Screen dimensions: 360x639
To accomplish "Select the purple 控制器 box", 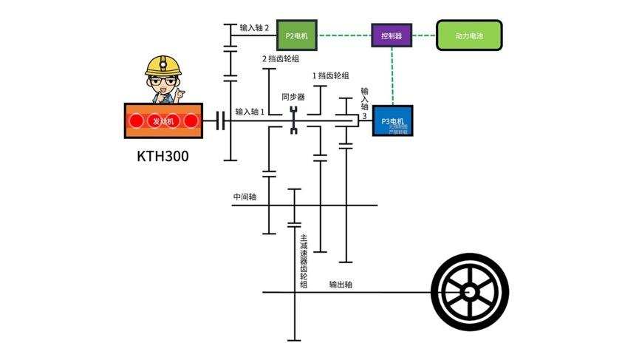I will coord(392,35).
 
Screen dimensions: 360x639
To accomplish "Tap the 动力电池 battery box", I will coord(469,35).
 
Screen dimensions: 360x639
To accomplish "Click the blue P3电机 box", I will coord(392,120).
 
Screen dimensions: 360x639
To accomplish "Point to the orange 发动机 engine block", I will coord(163,120).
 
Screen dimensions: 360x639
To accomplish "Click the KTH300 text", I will coord(163,157).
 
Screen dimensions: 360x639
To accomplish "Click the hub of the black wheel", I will coord(470,291).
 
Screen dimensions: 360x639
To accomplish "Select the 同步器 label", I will coord(293,96).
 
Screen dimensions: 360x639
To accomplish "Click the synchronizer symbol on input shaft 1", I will coord(293,120).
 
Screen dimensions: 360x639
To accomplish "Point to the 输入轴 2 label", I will coord(254,27).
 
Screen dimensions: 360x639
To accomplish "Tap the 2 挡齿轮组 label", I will coord(281,58).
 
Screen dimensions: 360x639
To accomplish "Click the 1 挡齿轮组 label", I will coord(331,75).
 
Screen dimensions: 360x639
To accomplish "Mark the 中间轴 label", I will coord(245,197).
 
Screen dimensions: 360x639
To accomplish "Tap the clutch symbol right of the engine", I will coord(219,120).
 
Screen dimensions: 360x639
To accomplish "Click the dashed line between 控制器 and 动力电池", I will coord(424,35).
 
